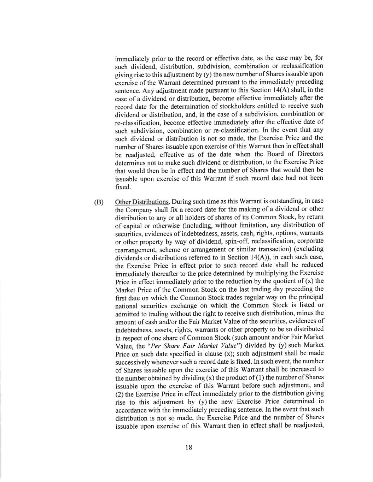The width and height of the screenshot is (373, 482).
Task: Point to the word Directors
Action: [x=309, y=154]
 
